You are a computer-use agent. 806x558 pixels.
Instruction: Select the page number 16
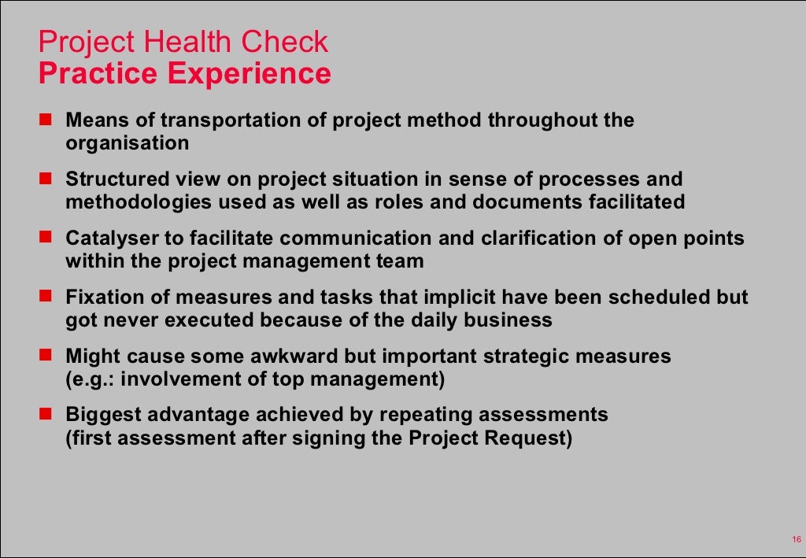pyautogui.click(x=796, y=539)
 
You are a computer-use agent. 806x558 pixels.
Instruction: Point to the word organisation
pyautogui.click(x=127, y=143)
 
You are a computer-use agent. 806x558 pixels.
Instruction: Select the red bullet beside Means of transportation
pyautogui.click(x=45, y=120)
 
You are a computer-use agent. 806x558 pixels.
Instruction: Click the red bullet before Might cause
pyautogui.click(x=45, y=356)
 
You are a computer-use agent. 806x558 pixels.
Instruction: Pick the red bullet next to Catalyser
pyautogui.click(x=45, y=238)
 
